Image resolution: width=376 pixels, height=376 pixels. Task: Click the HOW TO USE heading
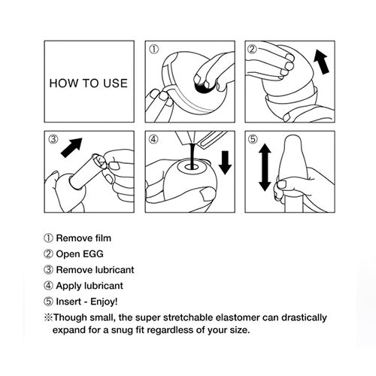click(88, 83)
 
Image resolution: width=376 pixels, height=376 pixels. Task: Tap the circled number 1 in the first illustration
click(155, 50)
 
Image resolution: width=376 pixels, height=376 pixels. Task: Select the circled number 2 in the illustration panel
click(254, 50)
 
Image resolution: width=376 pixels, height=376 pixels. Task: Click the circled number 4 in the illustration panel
click(155, 140)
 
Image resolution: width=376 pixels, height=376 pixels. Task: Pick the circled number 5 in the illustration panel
click(254, 140)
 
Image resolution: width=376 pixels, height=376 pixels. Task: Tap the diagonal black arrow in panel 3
click(71, 146)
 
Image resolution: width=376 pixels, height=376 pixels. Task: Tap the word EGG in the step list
click(99, 253)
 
